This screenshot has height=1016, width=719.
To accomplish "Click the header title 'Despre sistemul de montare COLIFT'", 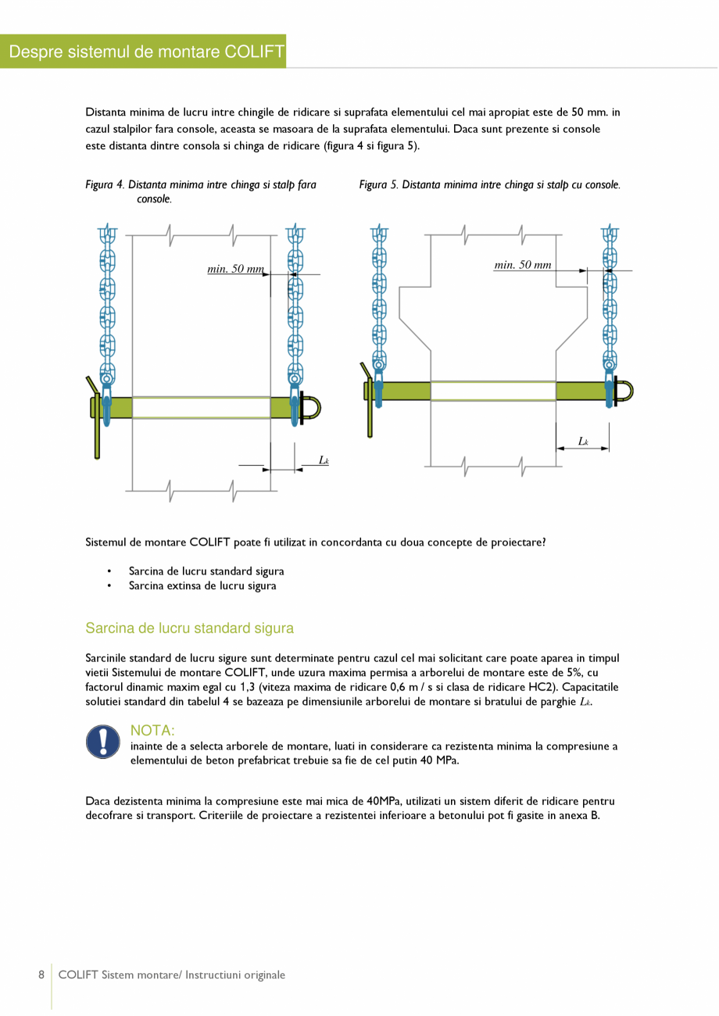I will click(x=143, y=52).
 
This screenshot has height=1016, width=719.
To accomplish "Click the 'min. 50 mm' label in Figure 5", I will click(x=523, y=265).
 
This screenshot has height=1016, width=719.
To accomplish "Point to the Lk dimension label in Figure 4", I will click(x=324, y=460).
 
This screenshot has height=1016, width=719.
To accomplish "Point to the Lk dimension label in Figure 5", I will click(x=583, y=442).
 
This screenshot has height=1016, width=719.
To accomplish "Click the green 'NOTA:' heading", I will click(x=152, y=731).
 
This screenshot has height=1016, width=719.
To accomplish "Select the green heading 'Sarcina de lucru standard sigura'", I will click(x=189, y=628).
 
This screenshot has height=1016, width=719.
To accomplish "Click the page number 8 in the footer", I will click(x=41, y=975).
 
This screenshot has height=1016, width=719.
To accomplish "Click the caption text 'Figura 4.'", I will click(x=105, y=185).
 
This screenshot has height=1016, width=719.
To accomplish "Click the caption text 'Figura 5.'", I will click(x=378, y=185).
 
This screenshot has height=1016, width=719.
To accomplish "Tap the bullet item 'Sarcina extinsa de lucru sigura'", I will click(x=202, y=585).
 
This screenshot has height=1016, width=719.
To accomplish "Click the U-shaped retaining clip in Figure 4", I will click(x=310, y=408).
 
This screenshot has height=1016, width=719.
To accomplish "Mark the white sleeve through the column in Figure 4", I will click(x=201, y=407).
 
